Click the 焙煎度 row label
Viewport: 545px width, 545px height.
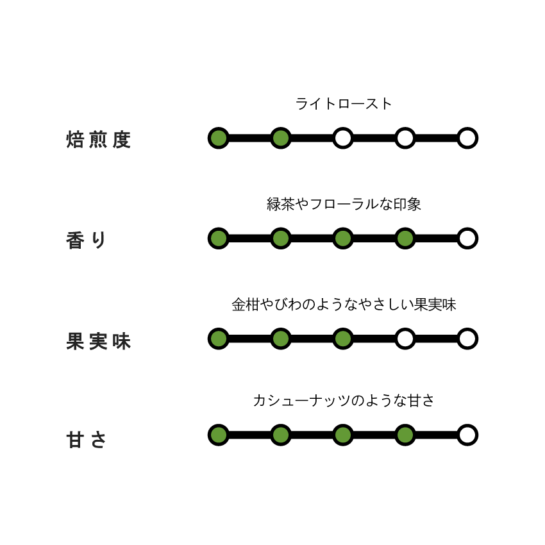[98, 140]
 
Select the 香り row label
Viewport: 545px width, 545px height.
[86, 240]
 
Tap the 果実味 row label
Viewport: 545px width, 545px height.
[98, 341]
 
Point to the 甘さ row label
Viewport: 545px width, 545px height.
[86, 439]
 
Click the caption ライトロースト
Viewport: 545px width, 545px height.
[344, 104]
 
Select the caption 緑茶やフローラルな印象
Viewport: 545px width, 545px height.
[344, 204]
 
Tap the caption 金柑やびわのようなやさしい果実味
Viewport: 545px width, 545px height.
[344, 305]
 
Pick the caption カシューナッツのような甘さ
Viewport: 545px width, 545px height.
[344, 400]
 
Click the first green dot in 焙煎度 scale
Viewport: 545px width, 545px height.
[219, 138]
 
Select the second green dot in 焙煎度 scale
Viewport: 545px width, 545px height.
[281, 138]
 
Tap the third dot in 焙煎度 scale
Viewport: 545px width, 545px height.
[343, 138]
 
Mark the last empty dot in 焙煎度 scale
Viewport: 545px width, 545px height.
[467, 138]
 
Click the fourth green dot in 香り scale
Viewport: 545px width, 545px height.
[405, 239]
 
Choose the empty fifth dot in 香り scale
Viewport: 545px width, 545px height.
[467, 239]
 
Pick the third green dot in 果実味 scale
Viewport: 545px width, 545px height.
[343, 339]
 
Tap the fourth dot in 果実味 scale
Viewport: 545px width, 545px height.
[405, 339]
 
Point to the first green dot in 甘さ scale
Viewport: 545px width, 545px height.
[219, 435]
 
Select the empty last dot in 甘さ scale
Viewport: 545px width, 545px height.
[467, 435]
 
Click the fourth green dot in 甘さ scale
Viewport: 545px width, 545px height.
[405, 435]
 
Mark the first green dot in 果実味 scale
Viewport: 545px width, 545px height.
[219, 339]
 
